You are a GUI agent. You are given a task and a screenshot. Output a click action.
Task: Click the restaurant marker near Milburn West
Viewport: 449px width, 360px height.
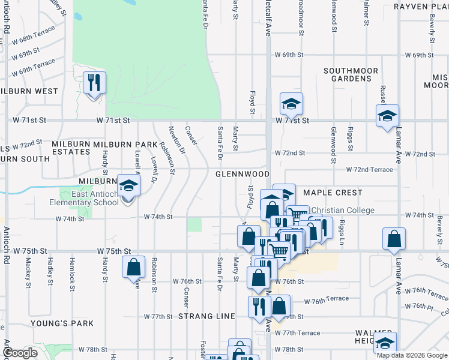tap(94, 83)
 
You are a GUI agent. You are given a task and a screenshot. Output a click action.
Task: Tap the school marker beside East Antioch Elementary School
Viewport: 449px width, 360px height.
tap(128, 185)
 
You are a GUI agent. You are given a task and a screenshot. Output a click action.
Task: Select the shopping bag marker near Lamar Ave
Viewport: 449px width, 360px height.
tap(393, 238)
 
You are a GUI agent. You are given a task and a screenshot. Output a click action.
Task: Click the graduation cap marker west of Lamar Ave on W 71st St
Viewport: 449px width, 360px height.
tap(387, 115)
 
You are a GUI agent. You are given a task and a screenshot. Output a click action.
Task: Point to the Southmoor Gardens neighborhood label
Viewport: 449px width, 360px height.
tap(351, 74)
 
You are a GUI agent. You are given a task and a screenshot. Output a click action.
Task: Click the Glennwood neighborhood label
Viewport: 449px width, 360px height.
tap(243, 174)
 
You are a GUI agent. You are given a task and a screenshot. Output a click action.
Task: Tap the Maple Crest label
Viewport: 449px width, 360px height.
tap(333, 193)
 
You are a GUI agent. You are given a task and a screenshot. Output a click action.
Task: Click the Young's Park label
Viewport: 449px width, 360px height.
tap(65, 323)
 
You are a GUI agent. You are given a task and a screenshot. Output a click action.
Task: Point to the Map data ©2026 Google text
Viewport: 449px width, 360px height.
tap(412, 355)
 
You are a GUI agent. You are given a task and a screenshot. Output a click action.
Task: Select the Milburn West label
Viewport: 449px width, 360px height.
tap(29, 91)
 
